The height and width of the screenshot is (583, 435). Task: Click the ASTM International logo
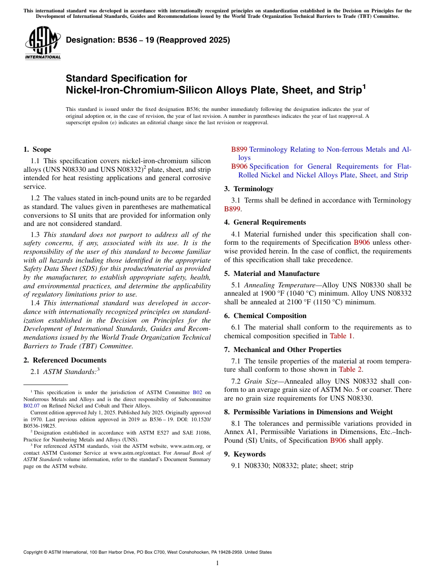pyautogui.click(x=43, y=43)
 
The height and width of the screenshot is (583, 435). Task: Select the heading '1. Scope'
pyautogui.click(x=37, y=149)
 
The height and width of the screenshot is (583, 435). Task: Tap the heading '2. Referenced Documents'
pyautogui.click(x=65, y=360)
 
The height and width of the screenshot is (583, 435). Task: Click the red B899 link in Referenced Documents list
pyautogui.click(x=239, y=149)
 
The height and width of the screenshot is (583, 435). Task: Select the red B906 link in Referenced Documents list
pyautogui.click(x=239, y=166)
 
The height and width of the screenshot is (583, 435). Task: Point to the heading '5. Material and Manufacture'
pyautogui.click(x=272, y=274)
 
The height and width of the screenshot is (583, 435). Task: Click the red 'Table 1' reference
pyautogui.click(x=342, y=336)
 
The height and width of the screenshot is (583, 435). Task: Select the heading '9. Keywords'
pyautogui.click(x=245, y=454)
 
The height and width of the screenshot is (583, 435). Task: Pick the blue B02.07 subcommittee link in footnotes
pyautogui.click(x=32, y=406)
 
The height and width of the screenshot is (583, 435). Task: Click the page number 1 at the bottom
pyautogui.click(x=217, y=563)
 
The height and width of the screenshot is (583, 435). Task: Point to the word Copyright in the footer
pyautogui.click(x=35, y=552)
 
